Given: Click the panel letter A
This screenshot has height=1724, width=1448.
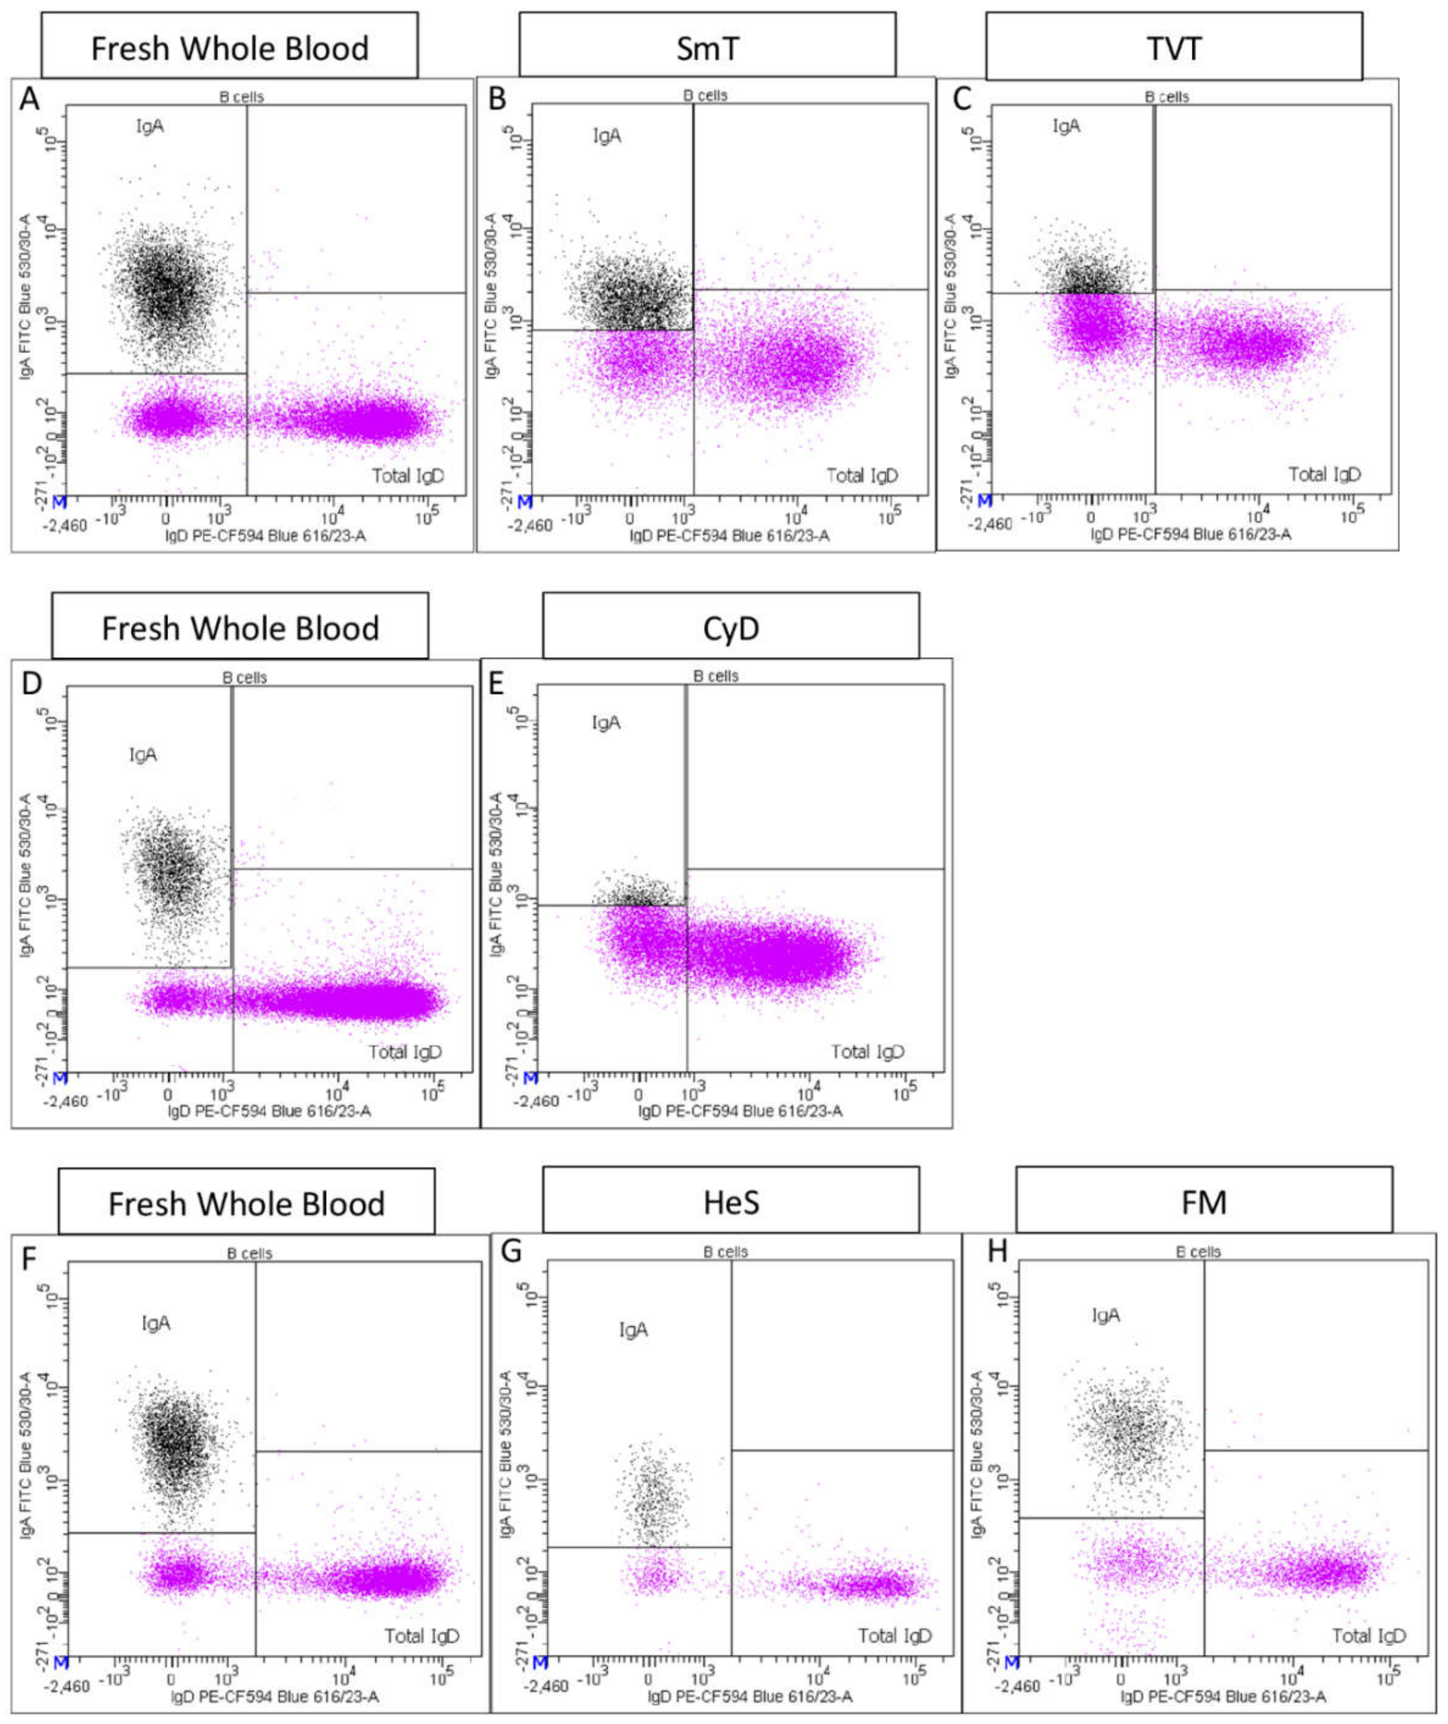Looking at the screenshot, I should pos(30,99).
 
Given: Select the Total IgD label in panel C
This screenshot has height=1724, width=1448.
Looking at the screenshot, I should pos(1324,475).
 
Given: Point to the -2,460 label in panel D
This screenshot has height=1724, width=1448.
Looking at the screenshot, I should pos(65,1101).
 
